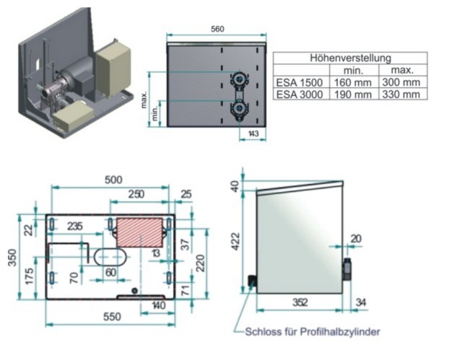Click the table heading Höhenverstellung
pos(350,57)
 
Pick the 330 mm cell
pos(401,94)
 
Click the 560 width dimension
pos(217,29)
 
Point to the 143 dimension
pos(253,133)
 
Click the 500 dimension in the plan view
pos(113,180)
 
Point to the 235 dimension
pos(75,226)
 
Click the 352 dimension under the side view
pos(298,303)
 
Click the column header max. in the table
pos(401,70)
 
